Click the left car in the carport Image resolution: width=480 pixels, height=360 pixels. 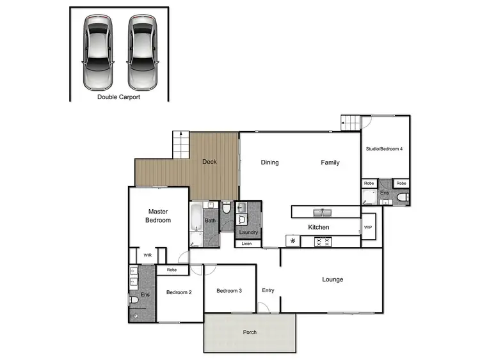click(98, 52)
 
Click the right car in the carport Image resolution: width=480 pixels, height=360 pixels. click(141, 52)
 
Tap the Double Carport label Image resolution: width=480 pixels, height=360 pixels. click(118, 97)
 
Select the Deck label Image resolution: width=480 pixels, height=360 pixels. click(209, 162)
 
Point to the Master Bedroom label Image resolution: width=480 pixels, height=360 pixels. click(159, 215)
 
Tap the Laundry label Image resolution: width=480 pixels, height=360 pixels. click(248, 233)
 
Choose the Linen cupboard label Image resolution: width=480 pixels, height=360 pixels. click(247, 244)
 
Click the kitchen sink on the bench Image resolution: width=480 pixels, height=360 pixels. click(321, 212)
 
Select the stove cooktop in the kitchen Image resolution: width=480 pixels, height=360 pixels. click(322, 241)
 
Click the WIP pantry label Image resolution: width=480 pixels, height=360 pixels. click(368, 228)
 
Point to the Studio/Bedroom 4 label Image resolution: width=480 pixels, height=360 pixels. click(384, 149)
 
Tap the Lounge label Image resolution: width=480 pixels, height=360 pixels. click(333, 279)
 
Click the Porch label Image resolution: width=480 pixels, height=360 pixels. click(250, 333)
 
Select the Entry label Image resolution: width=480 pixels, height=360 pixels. click(268, 291)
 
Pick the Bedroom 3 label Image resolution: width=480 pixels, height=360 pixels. click(228, 291)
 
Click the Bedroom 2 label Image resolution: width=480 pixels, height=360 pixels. click(179, 292)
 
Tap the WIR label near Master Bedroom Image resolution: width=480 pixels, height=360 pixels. click(148, 255)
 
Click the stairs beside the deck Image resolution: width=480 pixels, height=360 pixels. click(181, 145)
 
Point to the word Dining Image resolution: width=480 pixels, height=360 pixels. click(269, 162)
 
